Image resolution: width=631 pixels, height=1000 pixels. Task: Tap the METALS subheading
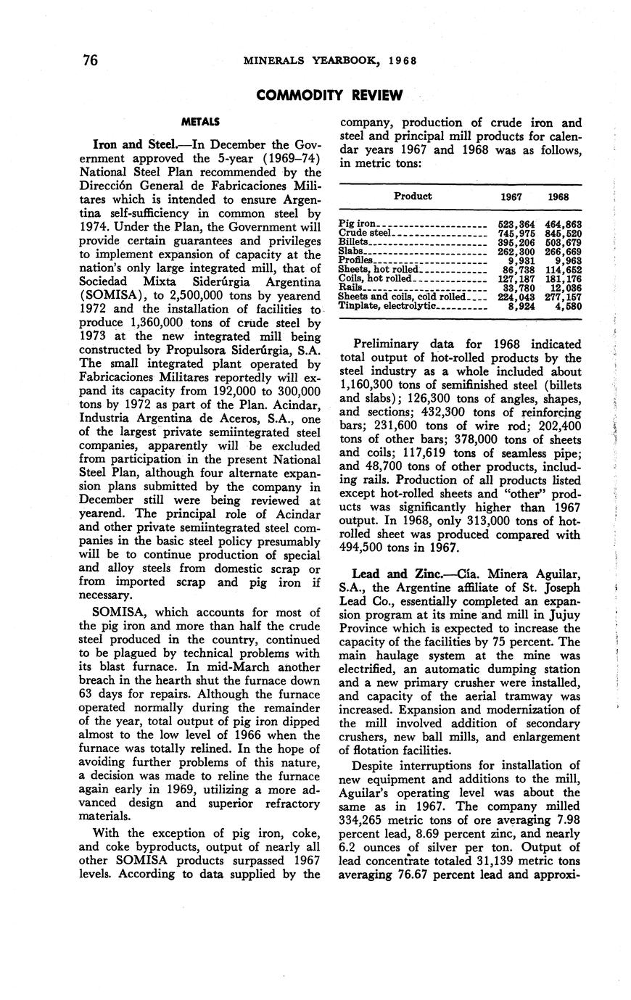[201, 121]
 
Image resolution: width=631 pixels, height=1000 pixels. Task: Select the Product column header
[413, 196]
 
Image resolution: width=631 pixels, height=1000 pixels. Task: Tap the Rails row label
[351, 288]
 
